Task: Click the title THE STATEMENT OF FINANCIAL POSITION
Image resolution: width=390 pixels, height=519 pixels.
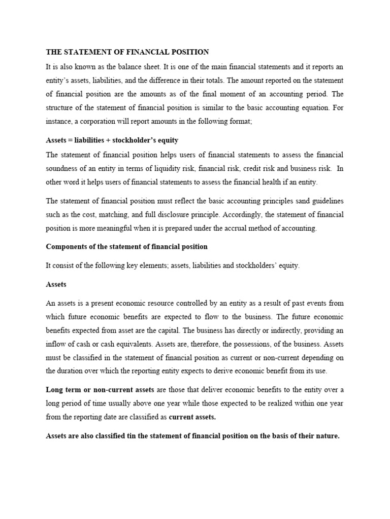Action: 127,52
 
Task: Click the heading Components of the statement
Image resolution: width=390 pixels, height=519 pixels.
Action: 127,247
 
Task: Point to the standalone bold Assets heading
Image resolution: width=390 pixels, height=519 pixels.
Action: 56,284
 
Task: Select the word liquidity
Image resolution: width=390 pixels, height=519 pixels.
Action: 164,168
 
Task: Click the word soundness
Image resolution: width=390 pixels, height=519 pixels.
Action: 62,168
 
